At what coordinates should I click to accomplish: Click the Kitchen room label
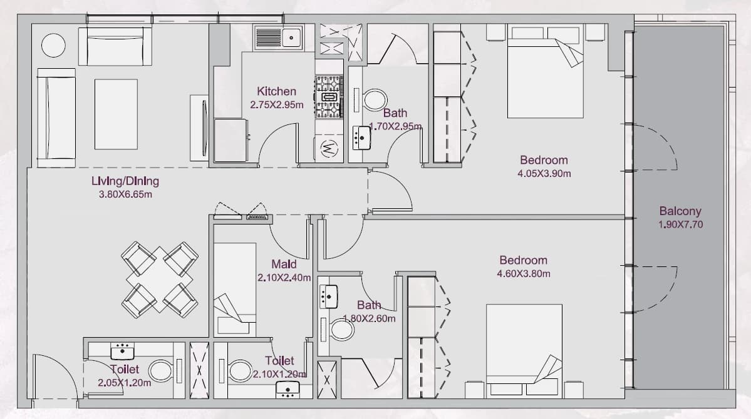tap(276, 91)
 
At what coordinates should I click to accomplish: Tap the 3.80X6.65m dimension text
tap(125, 194)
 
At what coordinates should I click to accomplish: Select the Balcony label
tap(680, 211)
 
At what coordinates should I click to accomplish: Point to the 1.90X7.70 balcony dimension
tap(681, 225)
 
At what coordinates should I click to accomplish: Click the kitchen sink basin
tap(292, 38)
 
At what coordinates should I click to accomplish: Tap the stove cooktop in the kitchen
tap(329, 97)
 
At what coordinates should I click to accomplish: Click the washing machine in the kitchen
tap(329, 149)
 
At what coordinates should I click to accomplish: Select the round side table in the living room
tap(53, 46)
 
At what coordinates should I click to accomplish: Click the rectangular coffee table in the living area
tap(117, 114)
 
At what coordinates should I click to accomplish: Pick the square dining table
tap(160, 279)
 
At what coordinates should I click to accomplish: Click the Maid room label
tap(284, 264)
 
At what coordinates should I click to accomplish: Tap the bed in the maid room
tap(235, 290)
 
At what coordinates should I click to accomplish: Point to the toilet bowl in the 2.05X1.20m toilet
tap(160, 371)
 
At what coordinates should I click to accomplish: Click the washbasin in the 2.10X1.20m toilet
tap(288, 390)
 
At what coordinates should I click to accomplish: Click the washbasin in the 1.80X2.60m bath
tap(329, 296)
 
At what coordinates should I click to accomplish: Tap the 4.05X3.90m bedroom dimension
tap(544, 174)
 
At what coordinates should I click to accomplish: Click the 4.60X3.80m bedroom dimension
tap(524, 274)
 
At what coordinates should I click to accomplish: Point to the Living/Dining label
tap(125, 181)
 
